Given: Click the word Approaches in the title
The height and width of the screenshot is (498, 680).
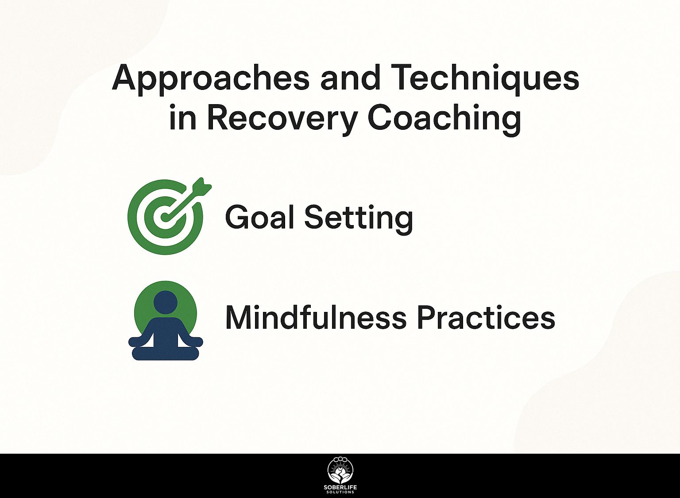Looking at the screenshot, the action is (x=211, y=78).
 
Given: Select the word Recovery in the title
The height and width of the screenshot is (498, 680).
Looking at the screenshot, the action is (x=281, y=118).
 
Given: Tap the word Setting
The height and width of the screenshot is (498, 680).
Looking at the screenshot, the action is (x=358, y=219).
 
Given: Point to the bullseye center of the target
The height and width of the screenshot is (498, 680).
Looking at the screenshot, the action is (x=164, y=217).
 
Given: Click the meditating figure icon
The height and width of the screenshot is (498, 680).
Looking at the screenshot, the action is (x=166, y=321).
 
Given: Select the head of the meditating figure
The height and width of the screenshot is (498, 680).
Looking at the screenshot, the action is (x=166, y=301).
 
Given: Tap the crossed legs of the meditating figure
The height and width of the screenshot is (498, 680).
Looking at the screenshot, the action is (x=166, y=354).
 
